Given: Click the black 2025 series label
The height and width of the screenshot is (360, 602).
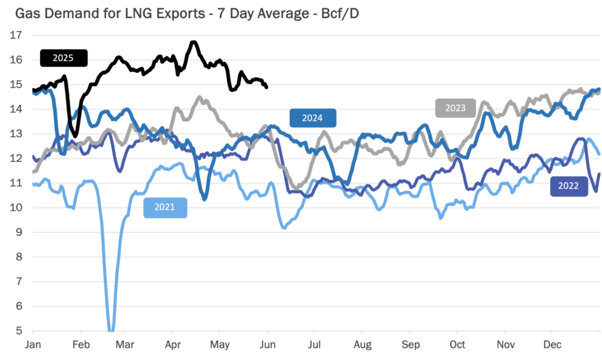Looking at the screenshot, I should (63, 58).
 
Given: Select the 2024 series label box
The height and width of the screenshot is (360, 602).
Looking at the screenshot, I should (312, 118).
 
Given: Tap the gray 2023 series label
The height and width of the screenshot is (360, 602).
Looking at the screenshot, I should (455, 108).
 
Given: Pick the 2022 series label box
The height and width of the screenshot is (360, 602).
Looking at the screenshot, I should (568, 186).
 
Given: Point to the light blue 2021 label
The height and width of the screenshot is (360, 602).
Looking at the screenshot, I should (165, 208).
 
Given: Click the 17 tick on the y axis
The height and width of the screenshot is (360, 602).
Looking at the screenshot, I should (16, 35).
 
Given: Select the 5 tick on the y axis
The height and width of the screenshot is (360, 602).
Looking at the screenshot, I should (19, 331).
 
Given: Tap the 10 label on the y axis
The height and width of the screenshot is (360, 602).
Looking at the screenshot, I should (16, 208).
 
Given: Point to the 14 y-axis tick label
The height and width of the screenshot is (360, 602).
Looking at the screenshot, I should (16, 109).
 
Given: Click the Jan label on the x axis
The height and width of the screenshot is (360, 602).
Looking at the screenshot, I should (33, 345).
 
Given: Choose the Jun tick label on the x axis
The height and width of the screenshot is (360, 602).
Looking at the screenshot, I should (267, 345).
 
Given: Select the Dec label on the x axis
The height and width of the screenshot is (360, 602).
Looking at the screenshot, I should (551, 345).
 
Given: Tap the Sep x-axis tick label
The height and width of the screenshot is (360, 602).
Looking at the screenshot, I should (410, 345).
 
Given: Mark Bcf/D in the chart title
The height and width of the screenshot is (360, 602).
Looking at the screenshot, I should (338, 13).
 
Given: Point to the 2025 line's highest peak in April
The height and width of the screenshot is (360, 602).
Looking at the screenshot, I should (193, 42).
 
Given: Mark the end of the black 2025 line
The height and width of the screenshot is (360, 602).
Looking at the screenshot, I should (267, 88).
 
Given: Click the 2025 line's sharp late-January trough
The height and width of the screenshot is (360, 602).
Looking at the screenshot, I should (75, 136).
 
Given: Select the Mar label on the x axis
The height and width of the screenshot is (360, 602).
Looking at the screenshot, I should (125, 345).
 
